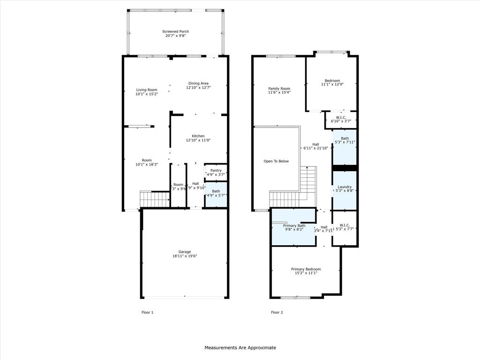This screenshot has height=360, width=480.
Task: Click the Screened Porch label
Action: pyautogui.click(x=176, y=31)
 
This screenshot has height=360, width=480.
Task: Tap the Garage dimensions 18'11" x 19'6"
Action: pyautogui.click(x=184, y=256)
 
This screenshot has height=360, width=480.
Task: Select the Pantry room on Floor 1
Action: pyautogui.click(x=216, y=172)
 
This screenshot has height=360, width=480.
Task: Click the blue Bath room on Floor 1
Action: pyautogui.click(x=216, y=193)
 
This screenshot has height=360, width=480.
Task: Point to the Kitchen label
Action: pyautogui.click(x=198, y=136)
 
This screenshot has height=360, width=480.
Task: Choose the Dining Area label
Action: pyautogui.click(x=198, y=83)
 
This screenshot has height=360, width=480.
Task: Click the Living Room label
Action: pyautogui.click(x=147, y=90)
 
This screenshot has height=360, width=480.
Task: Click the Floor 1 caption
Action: pyautogui.click(x=147, y=312)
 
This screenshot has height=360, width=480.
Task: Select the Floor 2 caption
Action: pyautogui.click(x=277, y=312)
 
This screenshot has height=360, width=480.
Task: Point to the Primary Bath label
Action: pyautogui.click(x=294, y=225)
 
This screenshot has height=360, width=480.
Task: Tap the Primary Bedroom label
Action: pyautogui.click(x=306, y=269)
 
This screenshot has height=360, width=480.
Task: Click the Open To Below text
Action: pyautogui.click(x=276, y=161)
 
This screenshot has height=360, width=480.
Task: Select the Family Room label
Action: pyautogui.click(x=279, y=89)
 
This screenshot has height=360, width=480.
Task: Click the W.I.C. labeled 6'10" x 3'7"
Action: pyautogui.click(x=341, y=119)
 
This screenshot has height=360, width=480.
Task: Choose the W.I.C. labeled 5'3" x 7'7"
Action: pyautogui.click(x=345, y=227)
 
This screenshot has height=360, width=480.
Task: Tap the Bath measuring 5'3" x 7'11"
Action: pyautogui.click(x=345, y=140)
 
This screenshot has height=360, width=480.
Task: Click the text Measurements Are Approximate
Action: pyautogui.click(x=240, y=347)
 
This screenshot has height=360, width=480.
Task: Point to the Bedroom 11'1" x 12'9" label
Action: pyautogui.click(x=330, y=82)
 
